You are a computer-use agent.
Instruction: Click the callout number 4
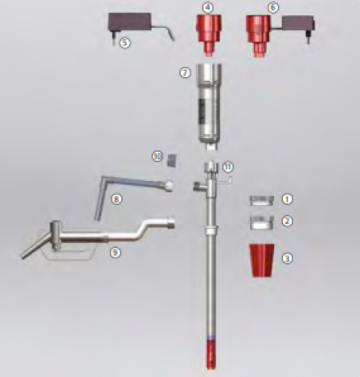(x=208, y=8)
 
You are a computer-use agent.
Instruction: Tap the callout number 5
(x=125, y=43)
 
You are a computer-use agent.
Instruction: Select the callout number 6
(x=273, y=8)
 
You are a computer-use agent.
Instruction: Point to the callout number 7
(x=185, y=73)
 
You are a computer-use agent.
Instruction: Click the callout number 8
(x=117, y=199)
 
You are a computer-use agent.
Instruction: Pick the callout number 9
(x=115, y=253)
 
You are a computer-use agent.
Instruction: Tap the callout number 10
(x=157, y=157)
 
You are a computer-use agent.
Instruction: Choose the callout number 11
(x=228, y=167)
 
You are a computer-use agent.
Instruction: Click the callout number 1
(x=287, y=199)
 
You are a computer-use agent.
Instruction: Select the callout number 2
(x=287, y=221)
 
